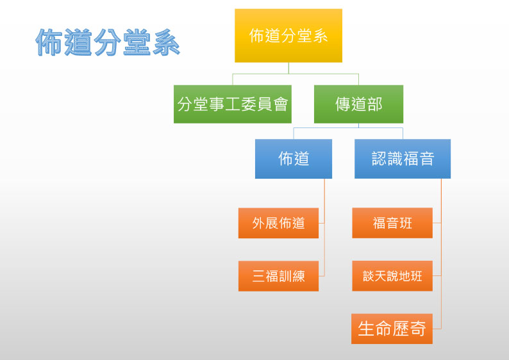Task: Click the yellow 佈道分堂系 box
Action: pos(288,35)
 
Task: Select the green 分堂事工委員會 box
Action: pos(233,104)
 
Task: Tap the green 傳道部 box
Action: pos(358,104)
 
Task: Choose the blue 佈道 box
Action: pos(294,159)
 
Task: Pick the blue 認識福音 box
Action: pos(403,159)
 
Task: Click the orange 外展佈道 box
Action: pos(278,223)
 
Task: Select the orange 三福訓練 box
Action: pos(278,276)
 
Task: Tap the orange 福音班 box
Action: pos(392,223)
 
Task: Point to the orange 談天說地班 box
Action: pos(392,276)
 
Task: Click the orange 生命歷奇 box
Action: pos(392,329)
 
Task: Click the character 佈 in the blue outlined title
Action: pos(49,42)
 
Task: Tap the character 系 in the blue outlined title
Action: pos(166,42)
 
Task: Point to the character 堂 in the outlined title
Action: pos(137,42)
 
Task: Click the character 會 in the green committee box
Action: pos(281,104)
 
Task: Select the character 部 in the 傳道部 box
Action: pos(374,104)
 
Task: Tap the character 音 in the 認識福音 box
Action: pos(426,159)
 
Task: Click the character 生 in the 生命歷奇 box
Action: pos(365,329)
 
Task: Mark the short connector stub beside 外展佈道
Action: pos(321,223)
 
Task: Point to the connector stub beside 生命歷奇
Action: pos(437,329)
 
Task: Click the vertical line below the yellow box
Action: pos(288,68)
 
